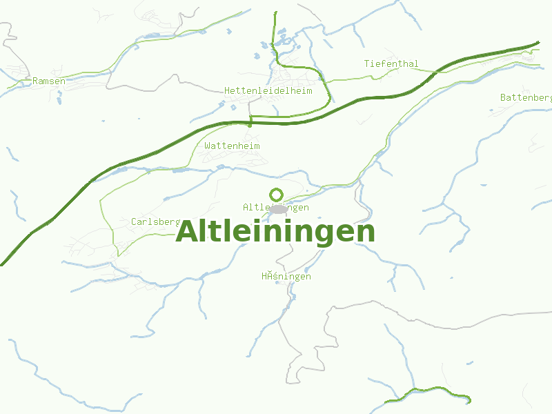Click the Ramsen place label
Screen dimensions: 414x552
(49, 81)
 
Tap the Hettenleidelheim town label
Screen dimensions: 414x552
(268, 90)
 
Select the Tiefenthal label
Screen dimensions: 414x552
(391, 63)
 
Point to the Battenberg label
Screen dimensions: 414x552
(526, 97)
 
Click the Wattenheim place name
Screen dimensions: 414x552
(232, 146)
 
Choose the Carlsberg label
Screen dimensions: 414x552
(155, 221)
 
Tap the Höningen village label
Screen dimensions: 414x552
(286, 276)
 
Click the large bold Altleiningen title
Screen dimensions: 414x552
(275, 232)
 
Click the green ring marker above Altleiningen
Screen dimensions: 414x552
(277, 195)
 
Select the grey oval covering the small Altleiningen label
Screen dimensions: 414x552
(278, 208)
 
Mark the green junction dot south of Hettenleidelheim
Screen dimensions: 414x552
(250, 125)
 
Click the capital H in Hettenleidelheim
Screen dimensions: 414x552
(227, 90)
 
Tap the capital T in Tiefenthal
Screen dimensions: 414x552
(367, 63)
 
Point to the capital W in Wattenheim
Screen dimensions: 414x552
(207, 146)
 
